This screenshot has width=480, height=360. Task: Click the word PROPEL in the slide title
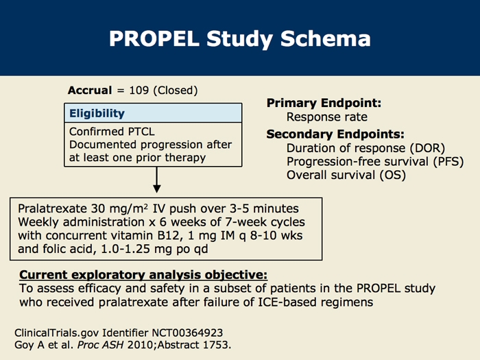pyautogui.click(x=154, y=38)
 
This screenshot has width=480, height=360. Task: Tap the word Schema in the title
pyautogui.click(x=326, y=38)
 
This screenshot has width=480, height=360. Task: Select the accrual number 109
pyautogui.click(x=139, y=91)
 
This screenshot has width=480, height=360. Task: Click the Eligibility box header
pyautogui.click(x=153, y=113)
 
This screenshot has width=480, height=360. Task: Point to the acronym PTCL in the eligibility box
pyautogui.click(x=141, y=132)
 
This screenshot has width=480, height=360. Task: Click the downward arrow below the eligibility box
pyautogui.click(x=157, y=180)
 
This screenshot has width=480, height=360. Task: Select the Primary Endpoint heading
pyautogui.click(x=324, y=103)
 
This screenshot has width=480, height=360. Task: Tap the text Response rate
pyautogui.click(x=326, y=117)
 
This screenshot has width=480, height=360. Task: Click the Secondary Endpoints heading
pyautogui.click(x=335, y=134)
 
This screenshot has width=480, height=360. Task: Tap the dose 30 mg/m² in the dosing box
pyautogui.click(x=120, y=208)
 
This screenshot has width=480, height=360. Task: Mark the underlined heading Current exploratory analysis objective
pyautogui.click(x=143, y=275)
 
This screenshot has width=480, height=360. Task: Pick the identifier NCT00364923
pyautogui.click(x=187, y=333)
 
